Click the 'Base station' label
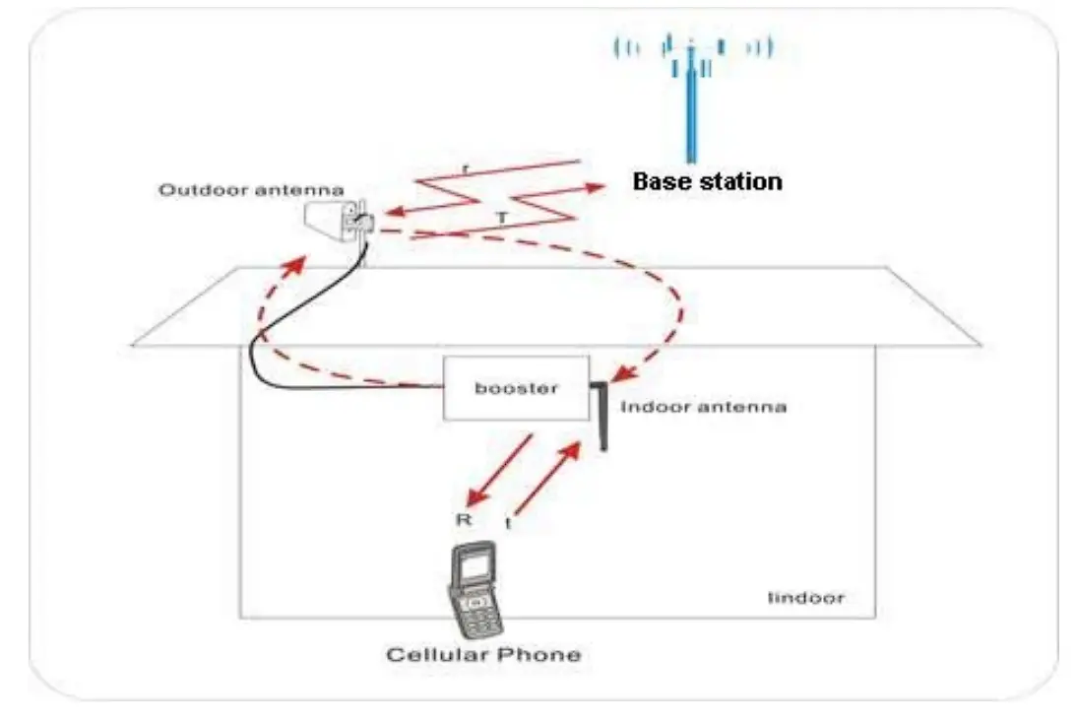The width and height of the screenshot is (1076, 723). (x=707, y=181)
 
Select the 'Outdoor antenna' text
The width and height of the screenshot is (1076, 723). (x=252, y=188)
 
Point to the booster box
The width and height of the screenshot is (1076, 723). (x=516, y=388)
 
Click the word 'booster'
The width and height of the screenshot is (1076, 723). (x=516, y=388)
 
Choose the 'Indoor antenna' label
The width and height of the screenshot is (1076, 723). (x=703, y=406)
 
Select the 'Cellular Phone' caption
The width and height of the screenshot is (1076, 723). (x=482, y=654)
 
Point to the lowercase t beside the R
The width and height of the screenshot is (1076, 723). (x=509, y=524)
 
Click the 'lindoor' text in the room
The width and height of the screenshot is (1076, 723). (x=806, y=597)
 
